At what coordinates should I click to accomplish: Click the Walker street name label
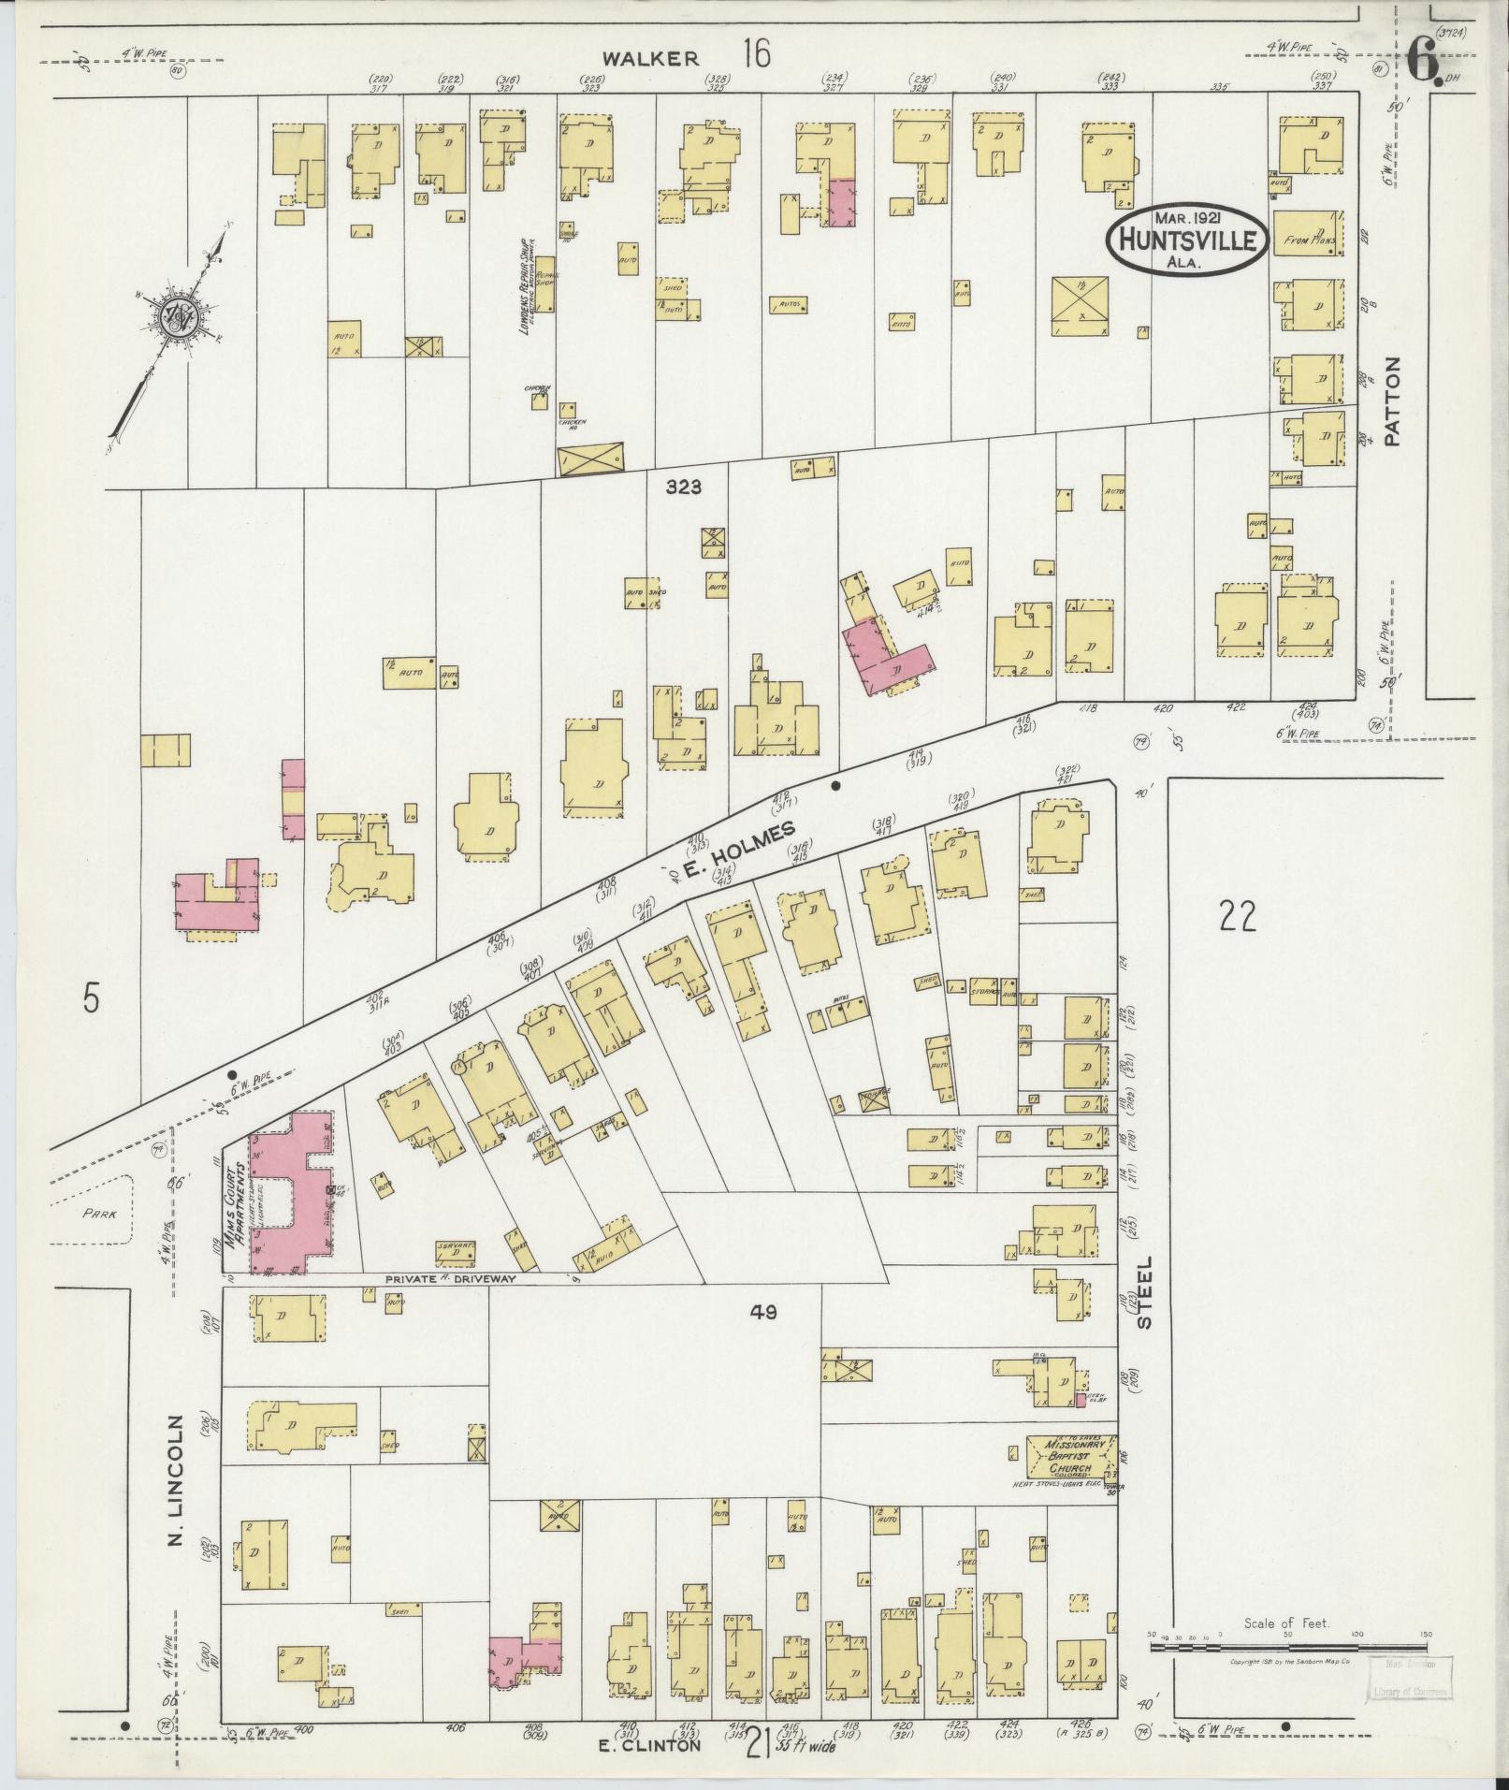[x=650, y=58]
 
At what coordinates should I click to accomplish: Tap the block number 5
[x=90, y=999]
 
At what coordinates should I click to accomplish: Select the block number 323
[x=684, y=487]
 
